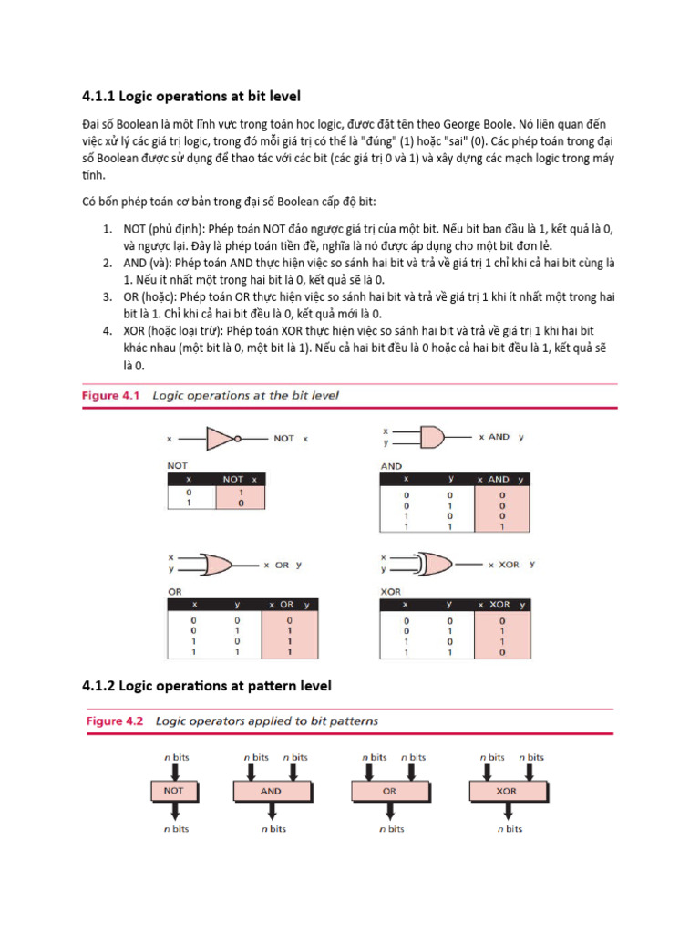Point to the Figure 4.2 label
click(x=115, y=721)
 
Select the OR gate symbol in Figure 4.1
click(x=218, y=565)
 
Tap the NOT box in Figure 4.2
click(x=173, y=791)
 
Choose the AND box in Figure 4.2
click(x=272, y=791)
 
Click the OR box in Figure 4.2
click(x=390, y=791)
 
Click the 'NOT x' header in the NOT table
click(x=242, y=479)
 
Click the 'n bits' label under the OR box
click(x=390, y=829)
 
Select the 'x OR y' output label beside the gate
click(x=288, y=566)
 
